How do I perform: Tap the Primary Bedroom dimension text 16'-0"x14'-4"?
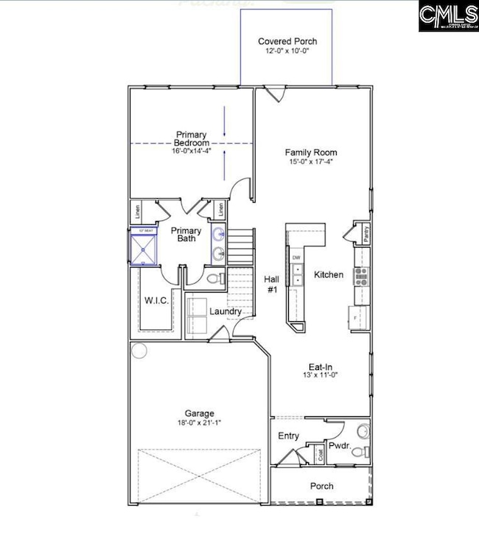(x=192, y=152)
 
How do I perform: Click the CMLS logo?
(x=447, y=15)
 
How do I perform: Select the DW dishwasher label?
(x=296, y=258)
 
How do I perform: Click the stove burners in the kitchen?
(x=362, y=276)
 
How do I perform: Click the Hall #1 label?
(x=270, y=284)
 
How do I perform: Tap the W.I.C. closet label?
(x=156, y=301)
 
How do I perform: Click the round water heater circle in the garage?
(x=139, y=351)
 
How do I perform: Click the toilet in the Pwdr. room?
(x=357, y=452)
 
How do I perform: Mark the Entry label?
(x=288, y=436)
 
